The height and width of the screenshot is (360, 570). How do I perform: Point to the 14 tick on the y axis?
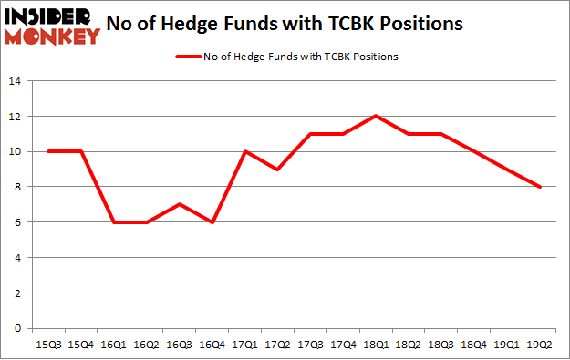pyautogui.click(x=15, y=81)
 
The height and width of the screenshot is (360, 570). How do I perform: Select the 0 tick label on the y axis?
pyautogui.click(x=17, y=328)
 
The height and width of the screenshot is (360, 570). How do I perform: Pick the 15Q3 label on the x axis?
pyautogui.click(x=47, y=345)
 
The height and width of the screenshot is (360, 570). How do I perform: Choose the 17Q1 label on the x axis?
pyautogui.click(x=244, y=345)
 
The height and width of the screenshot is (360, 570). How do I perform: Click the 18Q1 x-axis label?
pyautogui.click(x=375, y=345)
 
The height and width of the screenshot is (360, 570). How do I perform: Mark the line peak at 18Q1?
pyautogui.click(x=375, y=116)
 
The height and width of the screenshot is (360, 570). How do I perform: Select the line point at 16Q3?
pyautogui.click(x=178, y=204)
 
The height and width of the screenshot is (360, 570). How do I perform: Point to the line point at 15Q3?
pyautogui.click(x=47, y=151)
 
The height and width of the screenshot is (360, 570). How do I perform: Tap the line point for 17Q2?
pyautogui.click(x=276, y=170)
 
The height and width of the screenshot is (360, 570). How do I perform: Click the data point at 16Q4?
pyautogui.click(x=211, y=222)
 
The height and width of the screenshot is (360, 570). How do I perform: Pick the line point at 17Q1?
pyautogui.click(x=244, y=151)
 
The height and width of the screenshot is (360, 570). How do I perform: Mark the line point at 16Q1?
pyautogui.click(x=112, y=222)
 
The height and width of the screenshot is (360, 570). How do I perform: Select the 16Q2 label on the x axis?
pyautogui.click(x=145, y=345)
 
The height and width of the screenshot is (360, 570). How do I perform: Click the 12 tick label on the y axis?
pyautogui.click(x=15, y=116)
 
